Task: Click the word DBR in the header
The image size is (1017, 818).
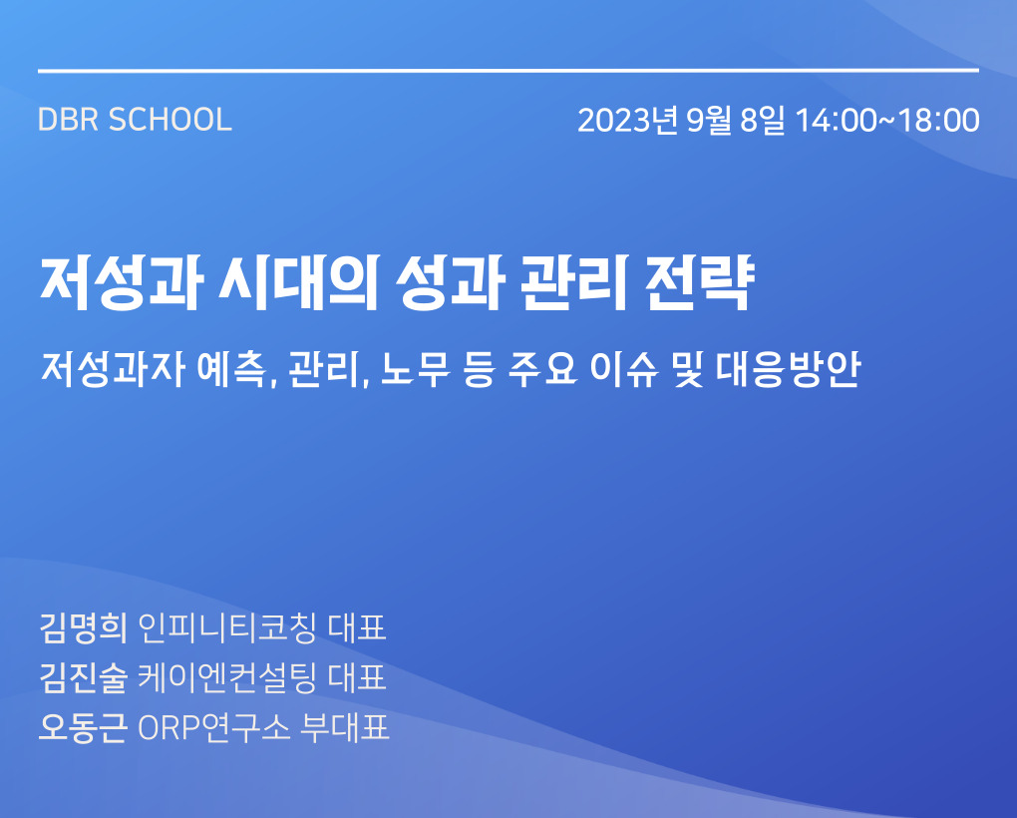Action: (x=68, y=120)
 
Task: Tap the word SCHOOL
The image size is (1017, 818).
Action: (x=170, y=120)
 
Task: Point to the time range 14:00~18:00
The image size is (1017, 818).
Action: (x=887, y=121)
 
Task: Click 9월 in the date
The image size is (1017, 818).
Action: (x=709, y=121)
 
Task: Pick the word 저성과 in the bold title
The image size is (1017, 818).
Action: (x=122, y=283)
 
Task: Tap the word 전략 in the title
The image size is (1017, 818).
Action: (x=700, y=283)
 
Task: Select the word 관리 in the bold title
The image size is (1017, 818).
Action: (x=574, y=283)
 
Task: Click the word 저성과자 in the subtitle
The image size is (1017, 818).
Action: (x=114, y=370)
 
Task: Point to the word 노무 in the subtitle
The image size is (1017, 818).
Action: (x=415, y=370)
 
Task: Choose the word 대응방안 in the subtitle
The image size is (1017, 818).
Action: (x=789, y=370)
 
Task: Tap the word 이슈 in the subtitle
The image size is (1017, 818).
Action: (x=624, y=370)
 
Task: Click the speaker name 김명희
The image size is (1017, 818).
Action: (x=84, y=627)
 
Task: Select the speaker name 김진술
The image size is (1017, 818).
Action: (x=84, y=678)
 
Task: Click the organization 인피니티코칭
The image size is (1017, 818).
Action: (x=227, y=627)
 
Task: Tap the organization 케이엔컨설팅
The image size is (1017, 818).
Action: (x=227, y=678)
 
